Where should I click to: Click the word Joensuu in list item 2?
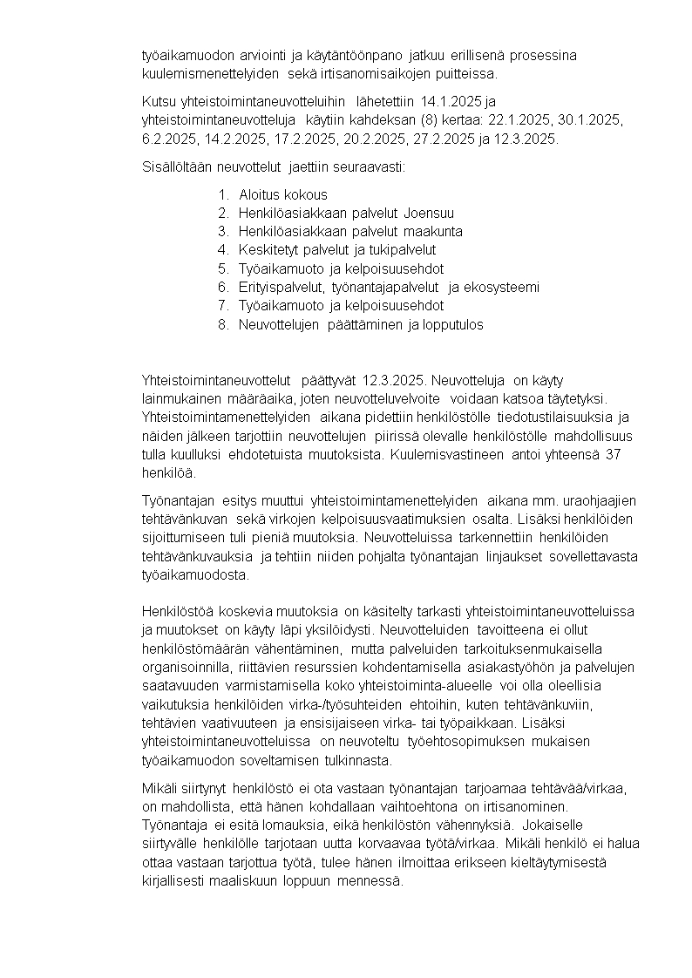[429, 213]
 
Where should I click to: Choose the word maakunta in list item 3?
[433, 231]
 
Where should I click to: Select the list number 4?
[222, 250]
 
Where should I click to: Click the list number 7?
[222, 305]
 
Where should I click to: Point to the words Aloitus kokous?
[283, 194]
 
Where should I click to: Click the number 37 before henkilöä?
[613, 455]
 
